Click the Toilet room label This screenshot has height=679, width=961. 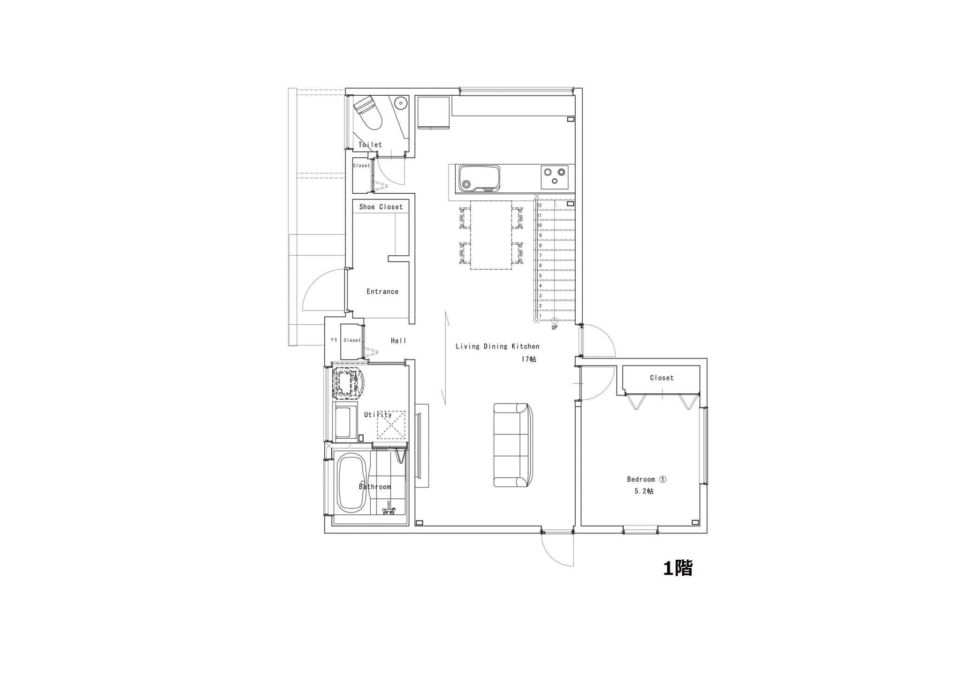[370, 145]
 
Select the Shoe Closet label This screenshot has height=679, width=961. [381, 207]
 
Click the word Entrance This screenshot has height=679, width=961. [382, 291]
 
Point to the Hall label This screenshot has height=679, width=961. [399, 341]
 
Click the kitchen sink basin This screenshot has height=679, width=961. [479, 179]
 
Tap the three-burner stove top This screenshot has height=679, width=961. [555, 177]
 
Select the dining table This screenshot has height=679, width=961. [491, 235]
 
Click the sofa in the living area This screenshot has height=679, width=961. [513, 445]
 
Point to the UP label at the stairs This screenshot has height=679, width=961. [555, 328]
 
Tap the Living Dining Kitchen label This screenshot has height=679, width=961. [498, 347]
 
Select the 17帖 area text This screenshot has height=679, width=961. [529, 359]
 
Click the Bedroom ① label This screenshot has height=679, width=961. [647, 479]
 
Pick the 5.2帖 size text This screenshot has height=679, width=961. [644, 491]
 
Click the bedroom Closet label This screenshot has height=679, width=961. [662, 378]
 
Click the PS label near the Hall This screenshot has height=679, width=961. [334, 340]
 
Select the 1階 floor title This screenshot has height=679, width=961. [678, 568]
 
